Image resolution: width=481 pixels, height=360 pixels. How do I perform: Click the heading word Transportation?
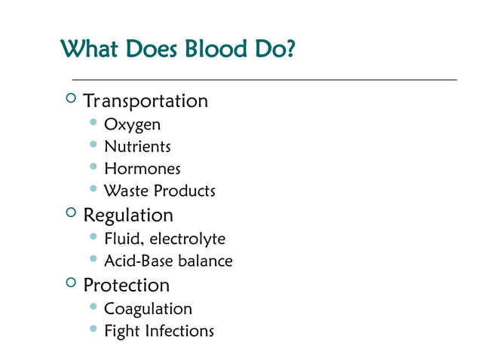click(146, 101)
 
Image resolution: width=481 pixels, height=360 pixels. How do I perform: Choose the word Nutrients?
click(137, 147)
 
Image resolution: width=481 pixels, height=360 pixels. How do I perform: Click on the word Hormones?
click(142, 169)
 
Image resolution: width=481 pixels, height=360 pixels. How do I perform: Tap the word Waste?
click(126, 191)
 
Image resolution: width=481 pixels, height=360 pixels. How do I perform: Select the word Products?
click(184, 191)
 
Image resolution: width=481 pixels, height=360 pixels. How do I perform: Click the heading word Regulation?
click(128, 215)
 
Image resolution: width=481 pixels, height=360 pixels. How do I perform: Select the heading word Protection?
click(127, 285)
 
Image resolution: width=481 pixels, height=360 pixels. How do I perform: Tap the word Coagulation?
click(148, 309)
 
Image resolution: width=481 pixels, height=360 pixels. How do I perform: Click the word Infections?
click(179, 331)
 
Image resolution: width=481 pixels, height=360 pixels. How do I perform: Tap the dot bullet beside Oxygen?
click(93, 122)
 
